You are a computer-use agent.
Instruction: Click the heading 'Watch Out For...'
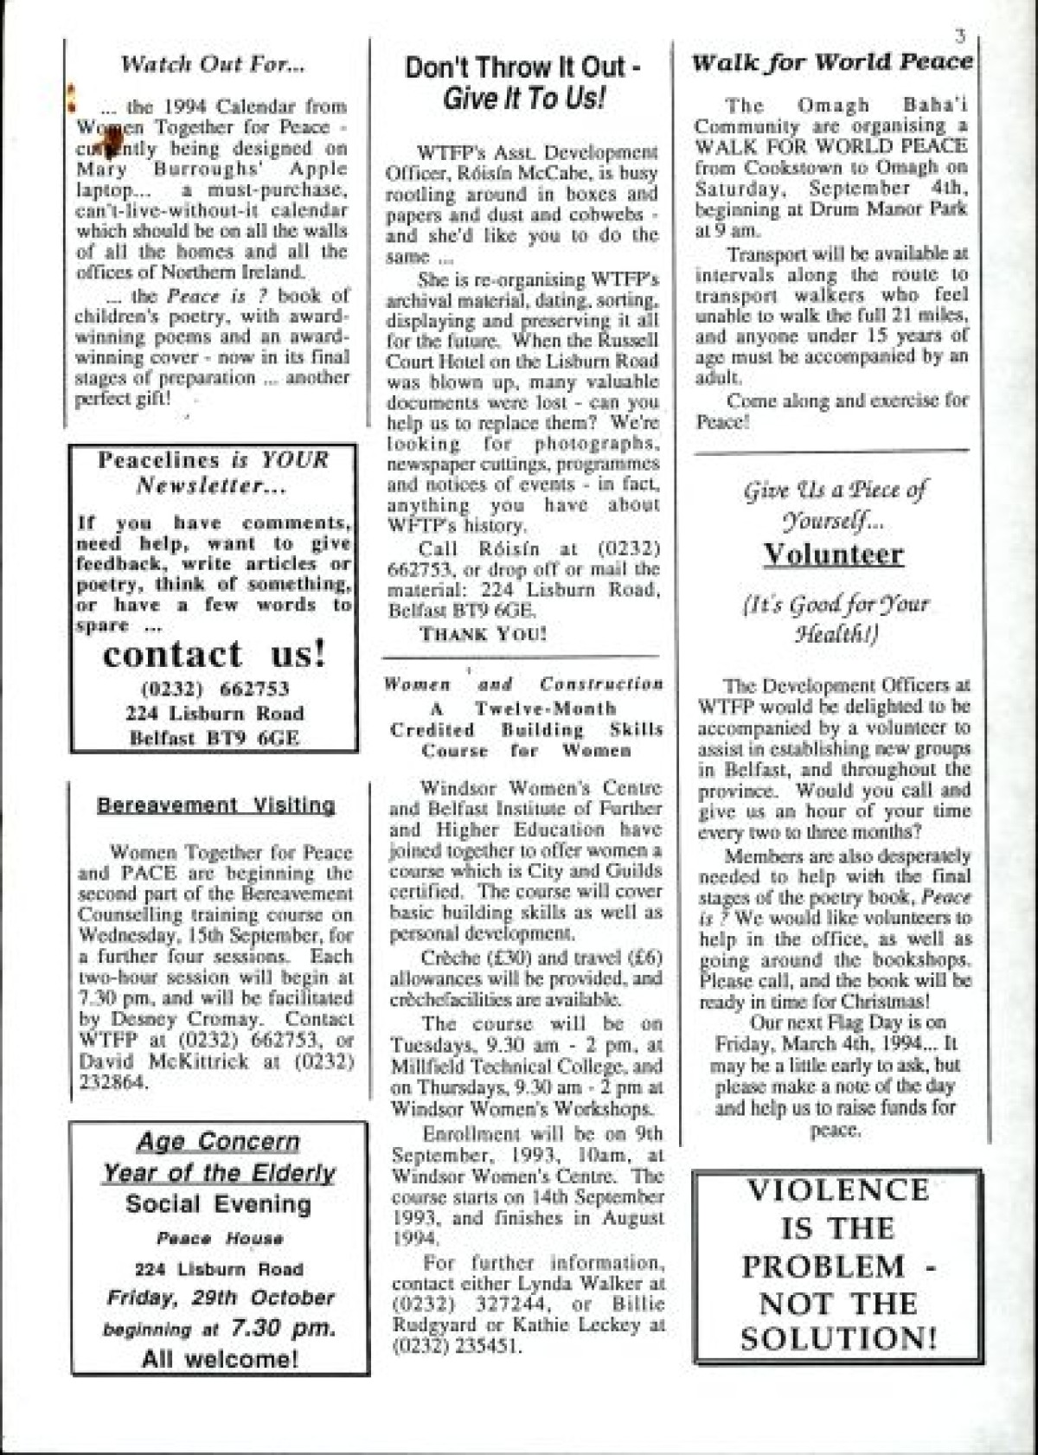click(x=213, y=64)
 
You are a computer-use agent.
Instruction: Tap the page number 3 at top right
click(x=959, y=36)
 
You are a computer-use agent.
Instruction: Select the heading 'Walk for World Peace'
click(x=832, y=62)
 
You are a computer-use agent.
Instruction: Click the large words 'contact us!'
click(x=215, y=654)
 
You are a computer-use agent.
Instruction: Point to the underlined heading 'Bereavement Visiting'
click(x=215, y=805)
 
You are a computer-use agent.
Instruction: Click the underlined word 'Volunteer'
click(x=833, y=554)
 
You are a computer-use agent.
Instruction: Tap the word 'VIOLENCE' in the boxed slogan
click(x=836, y=1190)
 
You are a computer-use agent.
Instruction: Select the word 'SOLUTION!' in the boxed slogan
click(x=838, y=1339)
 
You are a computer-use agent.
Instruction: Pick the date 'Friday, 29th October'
click(x=220, y=1298)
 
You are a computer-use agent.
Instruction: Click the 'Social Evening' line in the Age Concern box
click(x=218, y=1204)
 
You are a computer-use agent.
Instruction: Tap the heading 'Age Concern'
click(x=218, y=1142)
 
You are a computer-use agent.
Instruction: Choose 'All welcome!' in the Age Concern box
click(x=220, y=1358)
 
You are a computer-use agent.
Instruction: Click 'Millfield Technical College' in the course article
click(x=512, y=1067)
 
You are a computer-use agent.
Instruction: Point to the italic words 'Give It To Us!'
click(x=522, y=99)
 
